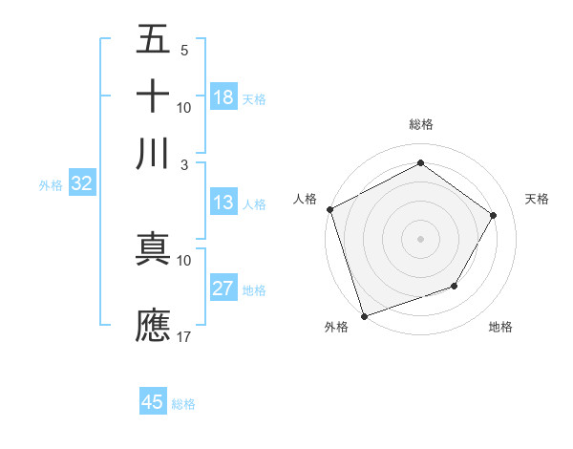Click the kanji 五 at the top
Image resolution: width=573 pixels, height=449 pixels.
click(153, 41)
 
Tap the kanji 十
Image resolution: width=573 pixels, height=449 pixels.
click(153, 97)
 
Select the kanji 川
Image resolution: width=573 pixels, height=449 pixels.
click(153, 154)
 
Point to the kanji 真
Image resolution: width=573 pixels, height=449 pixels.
click(153, 249)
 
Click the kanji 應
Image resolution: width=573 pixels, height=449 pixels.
click(153, 324)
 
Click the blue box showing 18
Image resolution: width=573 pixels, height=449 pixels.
click(223, 97)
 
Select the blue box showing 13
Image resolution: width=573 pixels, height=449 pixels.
click(223, 203)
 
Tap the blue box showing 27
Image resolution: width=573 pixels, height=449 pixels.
click(223, 289)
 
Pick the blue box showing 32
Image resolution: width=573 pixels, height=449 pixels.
click(81, 185)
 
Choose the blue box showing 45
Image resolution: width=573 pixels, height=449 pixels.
click(153, 402)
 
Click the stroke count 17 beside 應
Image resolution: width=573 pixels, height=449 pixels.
click(185, 336)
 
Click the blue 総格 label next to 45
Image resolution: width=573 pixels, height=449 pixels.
click(183, 404)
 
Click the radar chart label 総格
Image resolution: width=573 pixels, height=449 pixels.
click(420, 124)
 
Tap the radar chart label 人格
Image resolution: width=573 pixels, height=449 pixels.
click(305, 199)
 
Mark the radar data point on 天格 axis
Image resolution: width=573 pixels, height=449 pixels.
click(494, 215)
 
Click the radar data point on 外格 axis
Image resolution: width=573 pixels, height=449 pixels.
click(365, 314)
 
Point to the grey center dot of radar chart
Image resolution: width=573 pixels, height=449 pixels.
click(420, 238)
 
